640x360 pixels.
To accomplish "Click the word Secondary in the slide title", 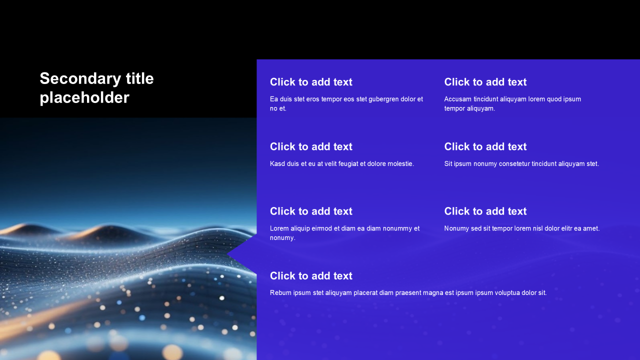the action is click(x=80, y=79).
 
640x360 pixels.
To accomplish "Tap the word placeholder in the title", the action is click(x=84, y=98).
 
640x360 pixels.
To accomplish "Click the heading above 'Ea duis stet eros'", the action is click(x=311, y=82).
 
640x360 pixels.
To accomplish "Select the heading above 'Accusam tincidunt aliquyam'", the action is click(x=485, y=82).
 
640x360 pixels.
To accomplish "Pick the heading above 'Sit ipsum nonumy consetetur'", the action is click(x=485, y=146).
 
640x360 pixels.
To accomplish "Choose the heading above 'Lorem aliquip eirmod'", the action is click(x=311, y=211).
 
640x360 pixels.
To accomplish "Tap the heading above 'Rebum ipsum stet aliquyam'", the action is click(x=311, y=275).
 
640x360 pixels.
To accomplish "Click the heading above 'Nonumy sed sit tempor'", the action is click(x=485, y=211).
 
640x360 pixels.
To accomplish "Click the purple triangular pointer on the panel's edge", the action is click(x=245, y=253).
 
